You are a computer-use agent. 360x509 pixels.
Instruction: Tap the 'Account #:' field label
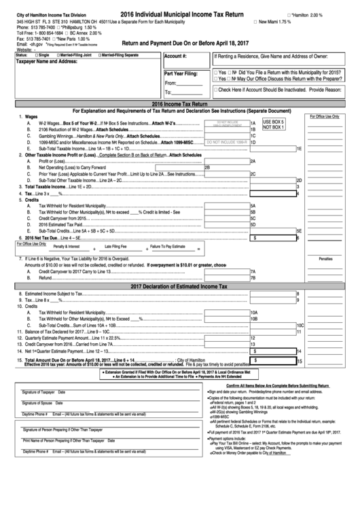[175, 56]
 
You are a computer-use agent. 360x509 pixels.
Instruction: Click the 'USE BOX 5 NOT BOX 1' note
[275, 124]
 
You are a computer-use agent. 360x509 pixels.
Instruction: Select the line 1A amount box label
[253, 122]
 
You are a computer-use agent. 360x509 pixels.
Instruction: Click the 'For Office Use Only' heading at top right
[325, 116]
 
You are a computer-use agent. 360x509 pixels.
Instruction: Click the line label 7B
[253, 277]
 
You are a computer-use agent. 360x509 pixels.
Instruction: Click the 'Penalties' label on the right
[325, 259]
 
